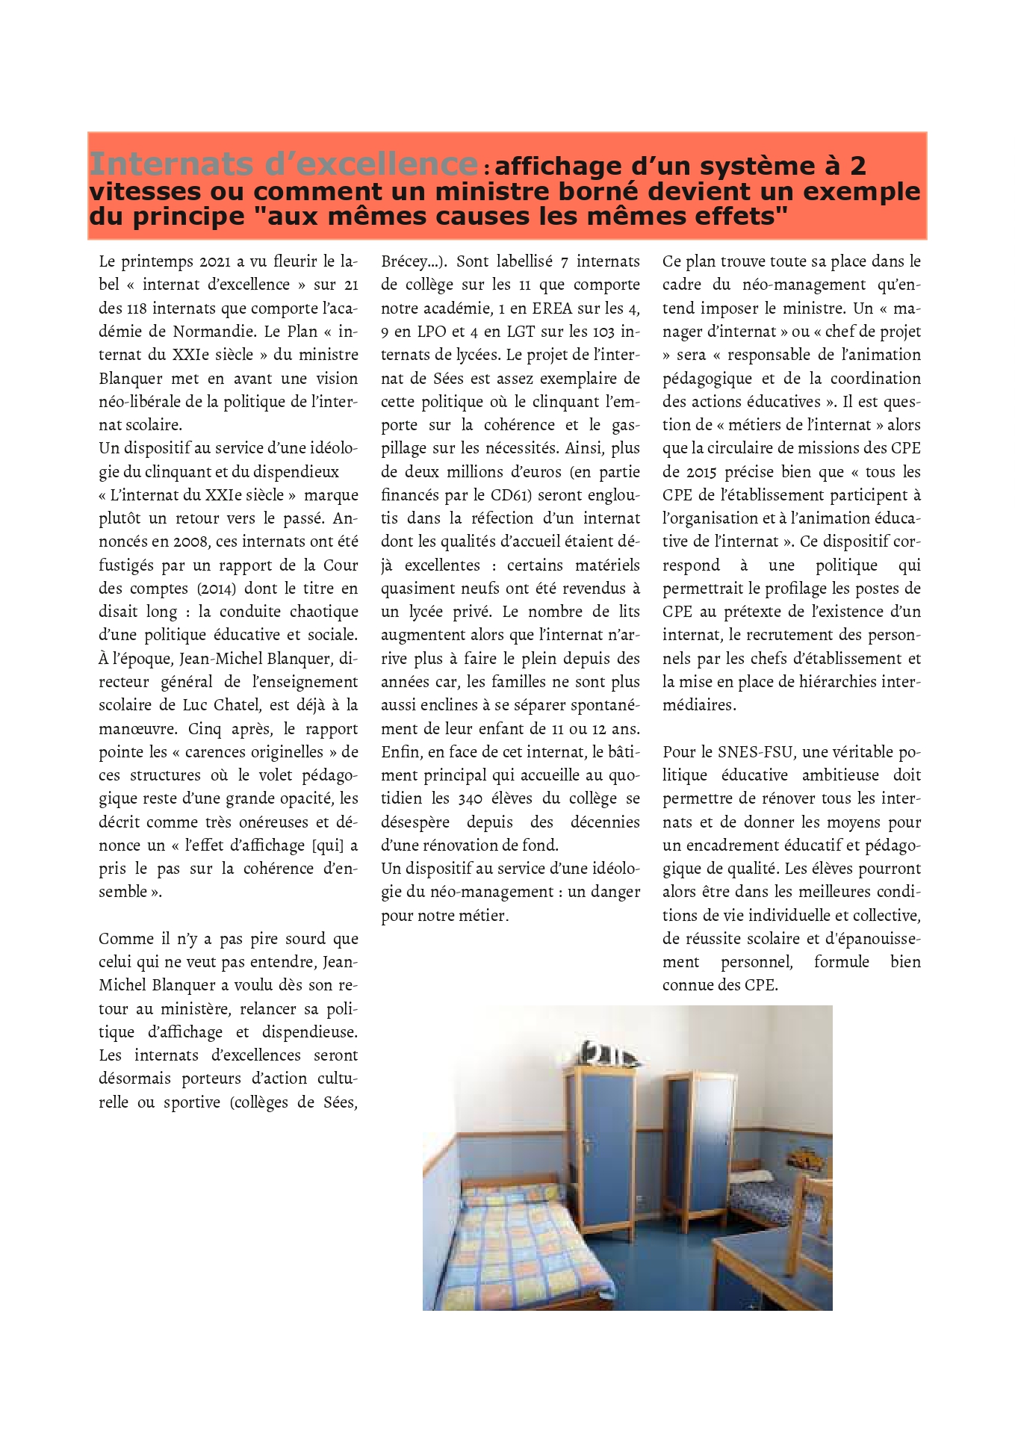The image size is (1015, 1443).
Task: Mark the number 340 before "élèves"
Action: point(470,798)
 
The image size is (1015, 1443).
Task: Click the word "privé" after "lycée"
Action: point(471,612)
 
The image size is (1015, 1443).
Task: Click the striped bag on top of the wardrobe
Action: point(609,1054)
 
